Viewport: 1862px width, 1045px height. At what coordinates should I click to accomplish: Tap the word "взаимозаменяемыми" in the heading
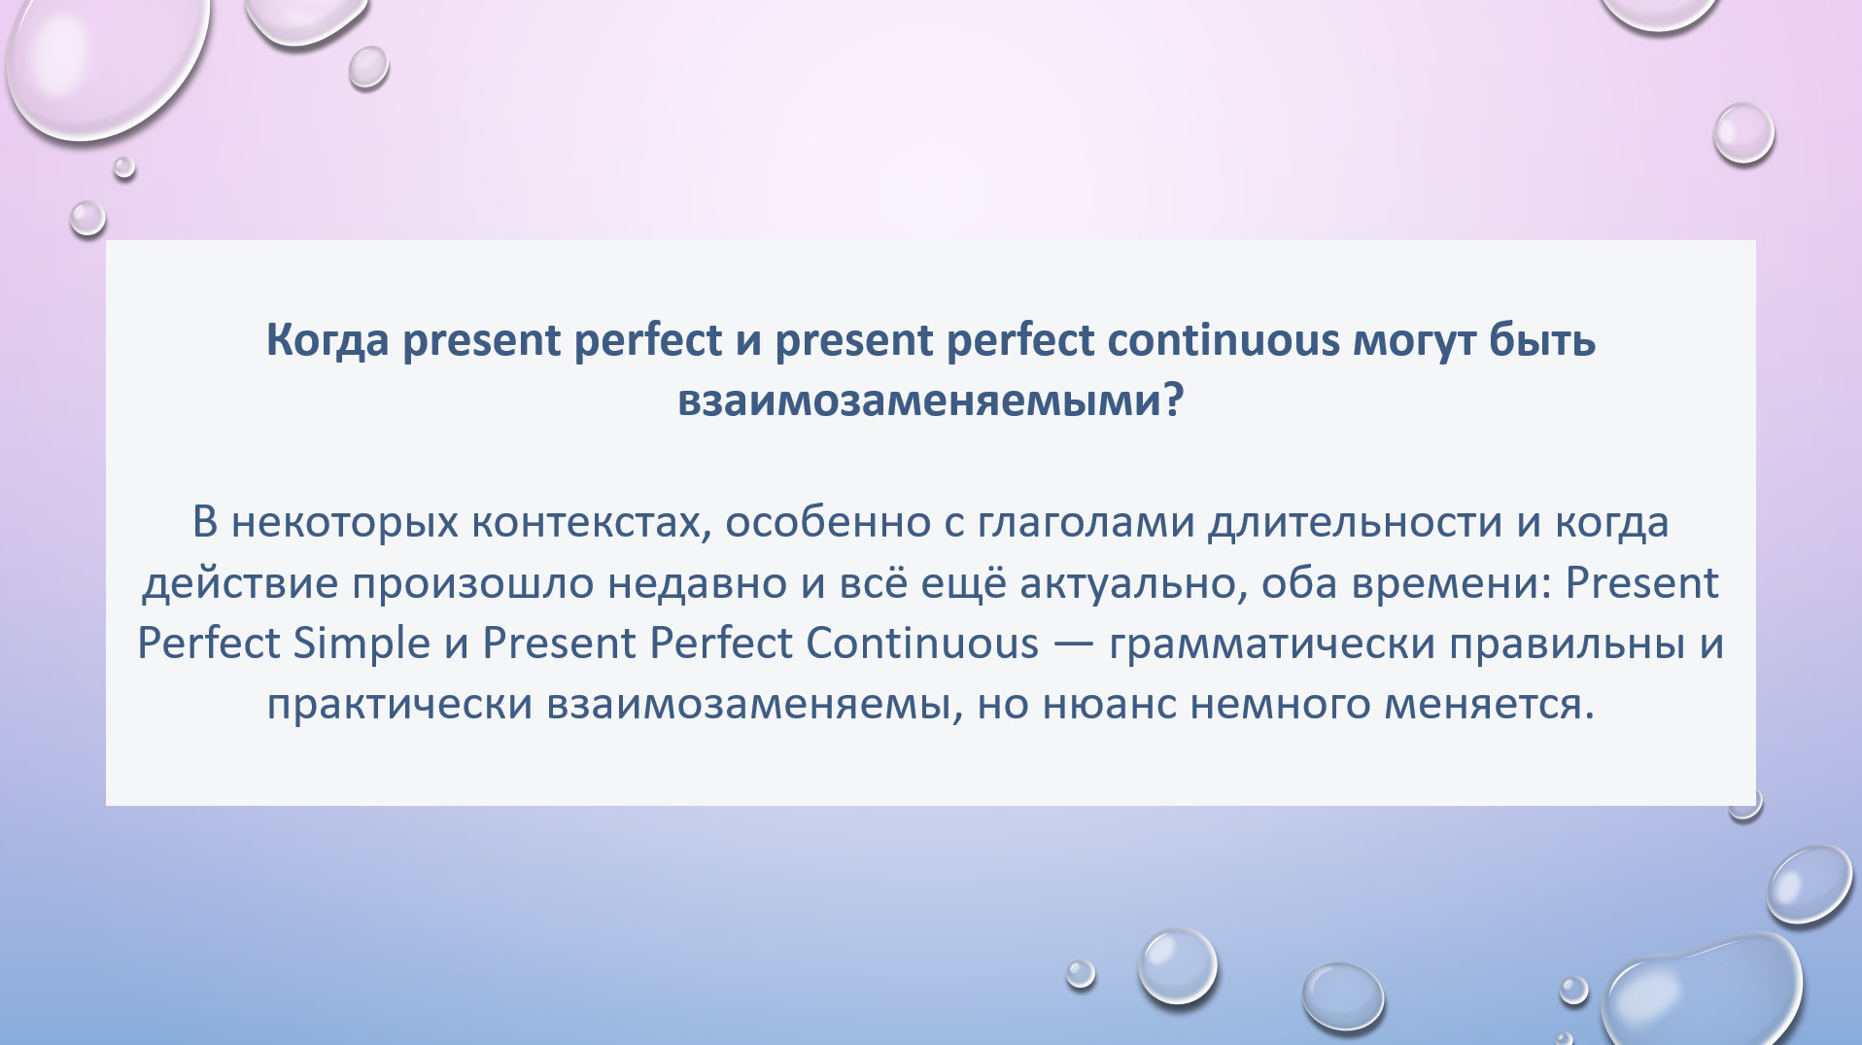point(918,400)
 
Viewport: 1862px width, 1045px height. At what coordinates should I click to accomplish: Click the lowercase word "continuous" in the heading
point(1224,340)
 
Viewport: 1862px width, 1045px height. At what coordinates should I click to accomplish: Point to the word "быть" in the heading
point(1542,339)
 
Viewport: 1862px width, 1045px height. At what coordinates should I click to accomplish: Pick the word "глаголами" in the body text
point(1086,522)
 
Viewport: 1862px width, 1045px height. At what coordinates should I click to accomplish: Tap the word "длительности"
point(1356,523)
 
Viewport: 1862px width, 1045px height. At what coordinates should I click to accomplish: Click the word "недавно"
point(697,583)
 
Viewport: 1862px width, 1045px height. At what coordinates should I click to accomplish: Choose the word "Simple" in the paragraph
point(362,644)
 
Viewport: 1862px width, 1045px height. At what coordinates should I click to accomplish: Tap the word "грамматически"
point(1271,644)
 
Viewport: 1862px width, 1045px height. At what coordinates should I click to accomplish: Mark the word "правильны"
point(1567,644)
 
